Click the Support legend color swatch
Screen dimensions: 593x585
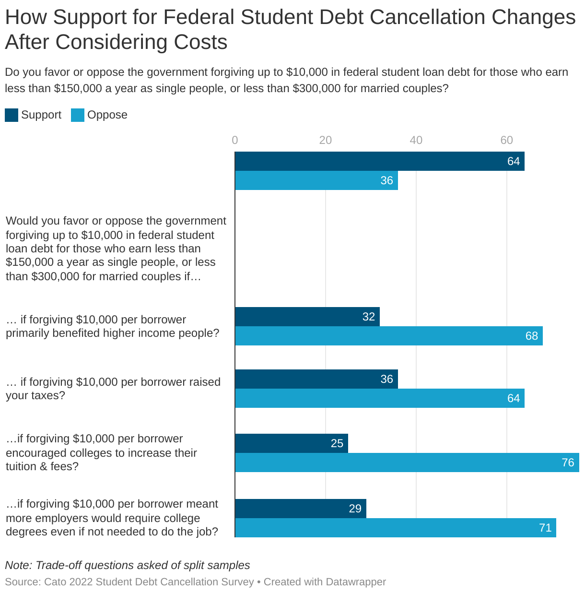12,115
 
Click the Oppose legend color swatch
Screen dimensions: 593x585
78,115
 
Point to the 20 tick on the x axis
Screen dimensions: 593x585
326,140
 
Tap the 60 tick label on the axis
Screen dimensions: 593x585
506,140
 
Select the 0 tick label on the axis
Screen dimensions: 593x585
235,140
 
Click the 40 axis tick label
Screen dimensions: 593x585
416,140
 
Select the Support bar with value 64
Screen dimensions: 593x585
379,161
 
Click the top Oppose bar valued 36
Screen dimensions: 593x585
316,180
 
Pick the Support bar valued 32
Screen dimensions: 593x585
307,317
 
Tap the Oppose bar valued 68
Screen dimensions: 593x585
388,336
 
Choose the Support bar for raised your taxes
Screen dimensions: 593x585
316,379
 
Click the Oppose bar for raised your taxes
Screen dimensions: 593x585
379,398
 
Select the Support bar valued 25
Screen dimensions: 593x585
291,443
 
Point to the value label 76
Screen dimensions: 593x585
568,463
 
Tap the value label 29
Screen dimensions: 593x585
355,509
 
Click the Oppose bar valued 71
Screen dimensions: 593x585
395,528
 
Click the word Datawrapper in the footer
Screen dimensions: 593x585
355,582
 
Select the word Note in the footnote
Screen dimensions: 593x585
18,565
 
